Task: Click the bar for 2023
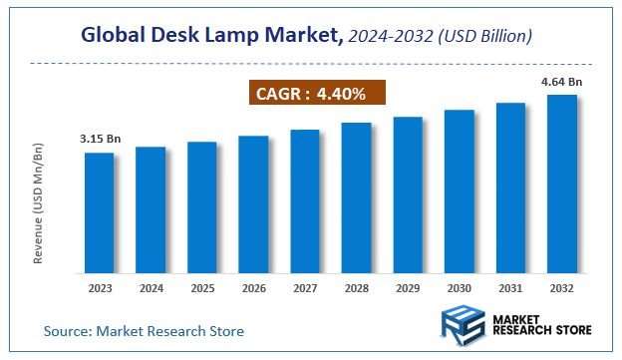click(99, 212)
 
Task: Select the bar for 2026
click(253, 204)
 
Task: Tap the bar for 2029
click(408, 194)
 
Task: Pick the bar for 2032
click(562, 183)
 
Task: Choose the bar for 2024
click(151, 209)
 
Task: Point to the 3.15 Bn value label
click(101, 138)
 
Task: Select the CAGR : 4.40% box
click(316, 94)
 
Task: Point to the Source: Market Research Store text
click(144, 330)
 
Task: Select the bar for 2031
click(510, 187)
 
